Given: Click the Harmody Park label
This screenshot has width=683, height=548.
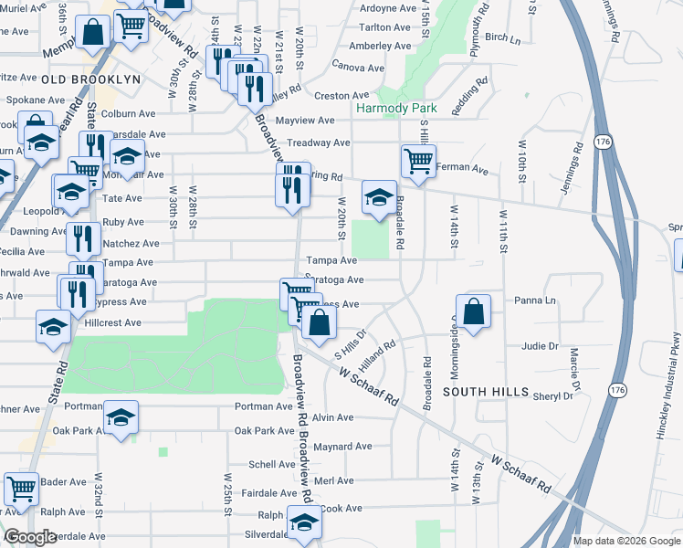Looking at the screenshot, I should pos(396,108).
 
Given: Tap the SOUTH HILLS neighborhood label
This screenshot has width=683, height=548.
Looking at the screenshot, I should pos(485,392).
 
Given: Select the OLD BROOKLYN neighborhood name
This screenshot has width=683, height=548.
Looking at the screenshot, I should pos(91,79).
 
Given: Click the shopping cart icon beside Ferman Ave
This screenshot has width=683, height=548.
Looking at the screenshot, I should pos(418,161).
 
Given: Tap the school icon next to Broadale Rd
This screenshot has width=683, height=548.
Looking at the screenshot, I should pos(378,195).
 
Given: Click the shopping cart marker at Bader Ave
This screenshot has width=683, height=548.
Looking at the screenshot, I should pos(21,488).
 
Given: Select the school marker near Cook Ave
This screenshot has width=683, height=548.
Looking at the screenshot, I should pos(303,521).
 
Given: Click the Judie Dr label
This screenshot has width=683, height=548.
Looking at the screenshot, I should pos(540,346).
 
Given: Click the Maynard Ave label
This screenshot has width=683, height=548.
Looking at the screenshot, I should pos(342,447).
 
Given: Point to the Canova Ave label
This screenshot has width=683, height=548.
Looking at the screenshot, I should pos(357,68).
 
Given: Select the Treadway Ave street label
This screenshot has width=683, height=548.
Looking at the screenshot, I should pos(319,143).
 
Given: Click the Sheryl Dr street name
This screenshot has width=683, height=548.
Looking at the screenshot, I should pos(553,396).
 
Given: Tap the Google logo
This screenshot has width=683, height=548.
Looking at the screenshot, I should pos(30,538).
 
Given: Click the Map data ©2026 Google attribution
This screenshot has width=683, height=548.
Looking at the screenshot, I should pos(625,541).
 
